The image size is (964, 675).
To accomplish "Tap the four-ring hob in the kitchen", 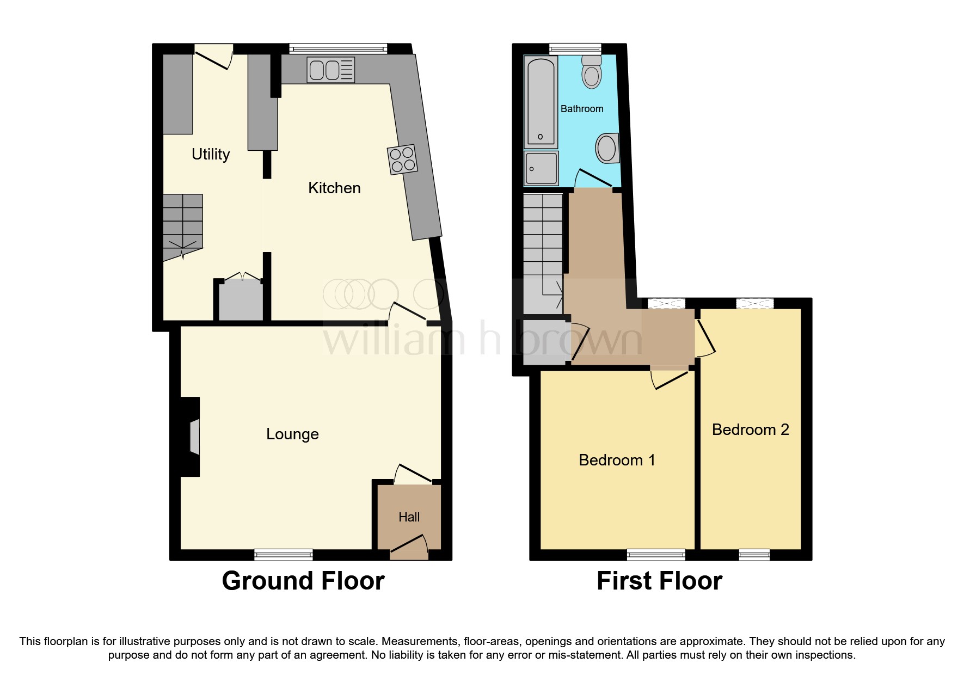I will point(402,159).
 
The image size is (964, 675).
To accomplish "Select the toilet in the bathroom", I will point(591,72).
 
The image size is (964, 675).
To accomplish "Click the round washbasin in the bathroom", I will point(607,148).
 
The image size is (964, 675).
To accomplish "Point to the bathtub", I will point(540,102).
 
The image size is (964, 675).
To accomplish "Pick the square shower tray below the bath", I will point(541,168).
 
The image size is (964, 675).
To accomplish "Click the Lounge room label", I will point(292,434).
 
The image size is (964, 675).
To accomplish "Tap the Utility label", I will point(211,154).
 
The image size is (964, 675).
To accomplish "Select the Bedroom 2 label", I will point(750,429).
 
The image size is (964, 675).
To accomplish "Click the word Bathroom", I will point(582,109).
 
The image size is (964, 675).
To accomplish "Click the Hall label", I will point(409,517).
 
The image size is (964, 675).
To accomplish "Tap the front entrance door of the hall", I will point(409,547).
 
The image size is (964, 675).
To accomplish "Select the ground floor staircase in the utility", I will point(182,226).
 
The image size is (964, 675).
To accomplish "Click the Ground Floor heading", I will point(303,581).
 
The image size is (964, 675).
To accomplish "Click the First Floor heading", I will point(659,581).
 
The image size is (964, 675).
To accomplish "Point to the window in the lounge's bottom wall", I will point(284,555).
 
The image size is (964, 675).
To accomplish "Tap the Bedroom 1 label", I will point(617,460).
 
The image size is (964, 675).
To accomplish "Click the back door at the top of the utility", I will point(213,57).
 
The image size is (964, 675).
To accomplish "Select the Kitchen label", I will point(334,188).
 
